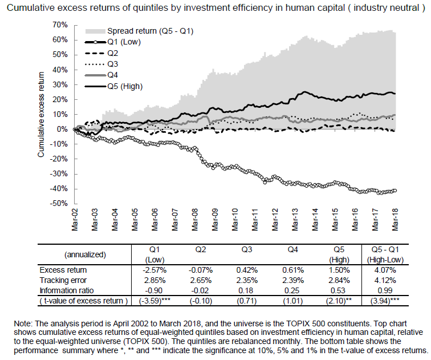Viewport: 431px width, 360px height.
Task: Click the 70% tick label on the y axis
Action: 60,25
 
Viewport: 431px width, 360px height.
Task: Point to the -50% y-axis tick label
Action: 59,204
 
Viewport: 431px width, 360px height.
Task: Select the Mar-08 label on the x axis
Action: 195,220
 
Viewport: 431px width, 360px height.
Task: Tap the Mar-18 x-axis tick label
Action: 395,220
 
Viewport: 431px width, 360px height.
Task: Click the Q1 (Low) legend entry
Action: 112,42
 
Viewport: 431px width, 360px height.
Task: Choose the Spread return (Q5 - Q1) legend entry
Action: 139,31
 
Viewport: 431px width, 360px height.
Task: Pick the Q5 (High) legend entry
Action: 114,86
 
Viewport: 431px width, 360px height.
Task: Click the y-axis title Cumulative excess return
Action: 41,115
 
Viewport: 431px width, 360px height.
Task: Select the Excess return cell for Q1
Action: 154,270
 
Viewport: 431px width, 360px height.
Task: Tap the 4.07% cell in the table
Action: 385,270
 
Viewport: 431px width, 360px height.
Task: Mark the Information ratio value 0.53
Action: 339,291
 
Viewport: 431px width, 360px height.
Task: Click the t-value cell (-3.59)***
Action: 154,301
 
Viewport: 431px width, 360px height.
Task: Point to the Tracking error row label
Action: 63,280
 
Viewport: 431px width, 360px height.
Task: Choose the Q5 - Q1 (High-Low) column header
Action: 385,254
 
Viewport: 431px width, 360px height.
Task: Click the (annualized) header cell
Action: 85,254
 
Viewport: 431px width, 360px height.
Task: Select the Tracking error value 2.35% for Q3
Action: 247,280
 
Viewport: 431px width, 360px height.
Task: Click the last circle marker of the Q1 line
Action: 395,191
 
